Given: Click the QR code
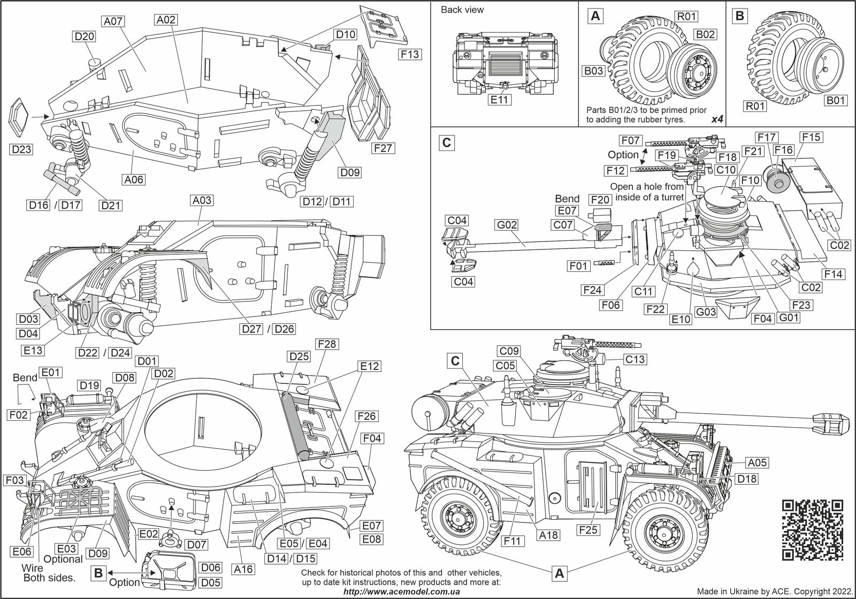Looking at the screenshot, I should point(813,529).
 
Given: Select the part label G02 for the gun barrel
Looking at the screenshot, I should point(507,225).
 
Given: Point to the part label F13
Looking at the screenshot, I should point(409,54).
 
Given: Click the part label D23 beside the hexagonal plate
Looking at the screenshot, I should point(21,149).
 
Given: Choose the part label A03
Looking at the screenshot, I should point(201,200).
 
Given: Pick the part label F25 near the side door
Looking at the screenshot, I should point(587,530).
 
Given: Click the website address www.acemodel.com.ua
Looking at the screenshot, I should point(401,592).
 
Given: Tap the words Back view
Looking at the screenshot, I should point(462,10).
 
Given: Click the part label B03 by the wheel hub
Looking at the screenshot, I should point(593,71).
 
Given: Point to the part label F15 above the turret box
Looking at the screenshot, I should point(811,137).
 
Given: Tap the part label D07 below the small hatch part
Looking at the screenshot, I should point(196,545).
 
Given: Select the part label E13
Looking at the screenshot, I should point(33,351).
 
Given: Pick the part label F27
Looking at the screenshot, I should point(383,148).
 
